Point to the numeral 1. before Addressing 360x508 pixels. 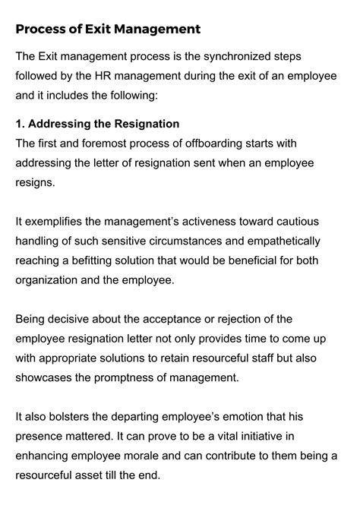coord(21,125)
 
